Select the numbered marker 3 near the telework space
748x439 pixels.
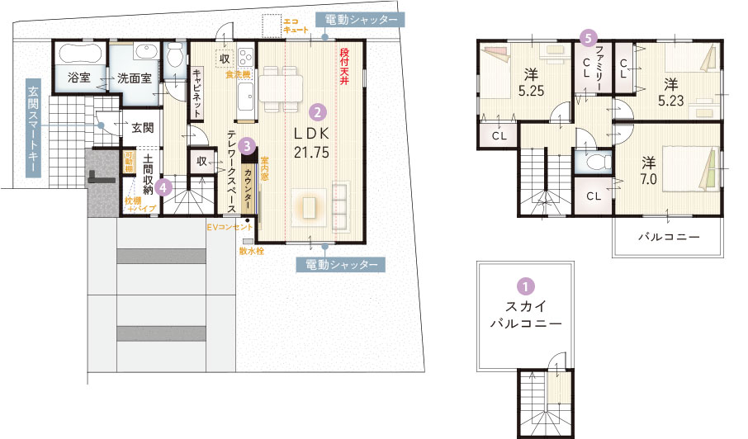(x=247, y=144)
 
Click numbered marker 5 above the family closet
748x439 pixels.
(x=588, y=37)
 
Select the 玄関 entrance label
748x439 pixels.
(x=142, y=128)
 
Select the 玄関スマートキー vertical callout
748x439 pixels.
(x=33, y=129)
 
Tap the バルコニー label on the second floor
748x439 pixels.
(x=668, y=237)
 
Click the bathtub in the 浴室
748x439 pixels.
(x=79, y=55)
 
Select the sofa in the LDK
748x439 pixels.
(x=340, y=205)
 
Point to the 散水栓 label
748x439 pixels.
(x=251, y=250)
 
